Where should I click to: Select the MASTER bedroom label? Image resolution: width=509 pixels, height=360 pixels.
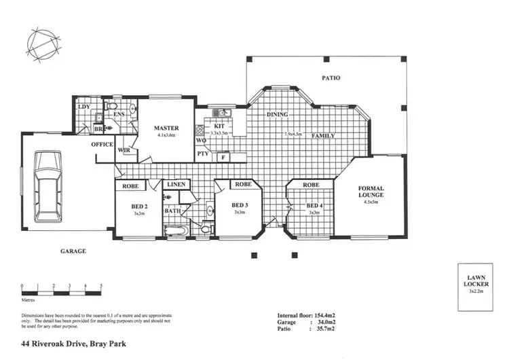(x=166, y=128)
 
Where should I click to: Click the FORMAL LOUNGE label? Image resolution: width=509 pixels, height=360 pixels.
(x=371, y=192)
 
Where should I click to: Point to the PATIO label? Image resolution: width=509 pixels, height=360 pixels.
(x=331, y=78)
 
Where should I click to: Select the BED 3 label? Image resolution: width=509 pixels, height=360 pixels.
(x=239, y=205)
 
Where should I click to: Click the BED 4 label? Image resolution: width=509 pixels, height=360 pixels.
(x=314, y=205)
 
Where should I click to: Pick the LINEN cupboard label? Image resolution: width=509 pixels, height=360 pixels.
(x=176, y=185)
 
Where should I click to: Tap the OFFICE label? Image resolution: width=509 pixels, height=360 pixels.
(x=102, y=145)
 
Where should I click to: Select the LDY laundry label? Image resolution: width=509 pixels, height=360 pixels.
(x=84, y=107)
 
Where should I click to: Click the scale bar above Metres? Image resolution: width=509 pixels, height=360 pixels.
(x=62, y=286)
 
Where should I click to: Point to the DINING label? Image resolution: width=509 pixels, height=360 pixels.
(x=278, y=114)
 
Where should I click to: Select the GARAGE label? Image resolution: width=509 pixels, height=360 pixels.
(x=73, y=251)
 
